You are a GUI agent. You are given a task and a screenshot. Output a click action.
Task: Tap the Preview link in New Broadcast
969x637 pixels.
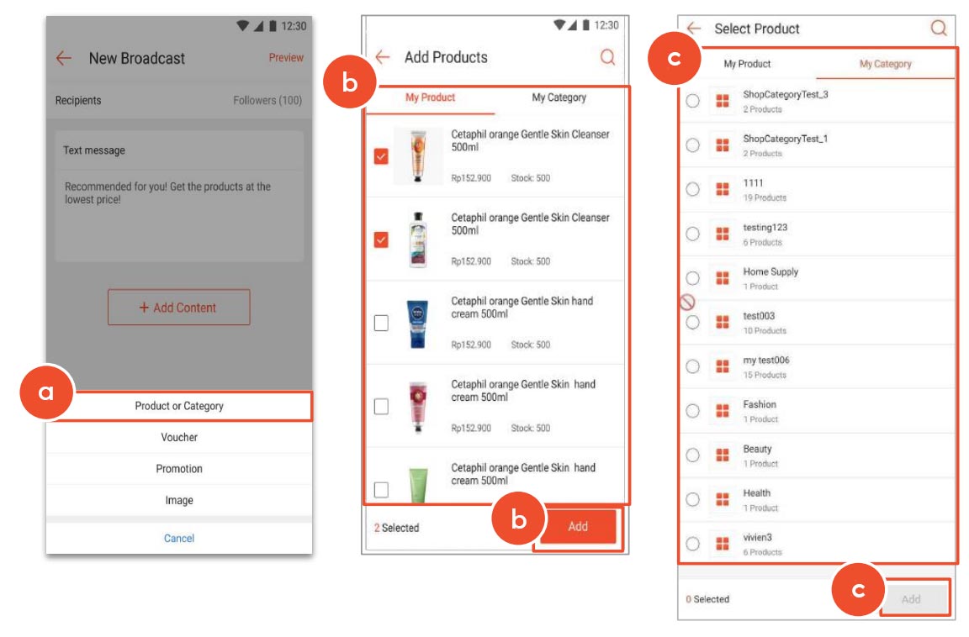[x=286, y=58]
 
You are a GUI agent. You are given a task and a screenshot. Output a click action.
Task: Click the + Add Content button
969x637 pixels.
[x=179, y=308]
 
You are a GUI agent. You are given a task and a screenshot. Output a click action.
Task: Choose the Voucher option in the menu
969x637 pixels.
[x=179, y=437]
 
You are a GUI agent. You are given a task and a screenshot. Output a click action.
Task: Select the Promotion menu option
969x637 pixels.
[x=179, y=469]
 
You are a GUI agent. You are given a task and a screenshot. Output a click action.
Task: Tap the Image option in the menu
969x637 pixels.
[x=179, y=500]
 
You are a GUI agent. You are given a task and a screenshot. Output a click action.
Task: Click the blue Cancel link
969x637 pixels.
[x=179, y=538]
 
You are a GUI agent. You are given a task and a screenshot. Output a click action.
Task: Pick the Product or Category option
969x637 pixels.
[x=179, y=406]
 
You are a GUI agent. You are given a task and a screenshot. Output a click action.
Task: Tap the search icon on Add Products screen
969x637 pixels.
[x=607, y=57]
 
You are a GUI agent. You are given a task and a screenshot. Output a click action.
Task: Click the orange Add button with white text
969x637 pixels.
[x=578, y=527]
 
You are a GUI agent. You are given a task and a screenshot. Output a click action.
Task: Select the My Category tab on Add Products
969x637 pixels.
[x=559, y=97]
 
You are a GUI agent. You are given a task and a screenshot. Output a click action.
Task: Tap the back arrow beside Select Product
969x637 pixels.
[x=694, y=29]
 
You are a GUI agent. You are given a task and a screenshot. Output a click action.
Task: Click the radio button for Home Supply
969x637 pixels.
[x=692, y=278]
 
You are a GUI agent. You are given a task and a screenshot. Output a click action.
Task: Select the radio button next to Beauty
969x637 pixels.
[x=692, y=455]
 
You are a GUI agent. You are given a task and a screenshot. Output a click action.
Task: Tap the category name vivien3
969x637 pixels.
[x=757, y=537]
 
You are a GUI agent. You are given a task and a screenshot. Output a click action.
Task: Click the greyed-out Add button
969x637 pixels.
[x=911, y=599]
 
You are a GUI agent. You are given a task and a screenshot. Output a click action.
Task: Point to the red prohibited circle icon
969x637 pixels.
[x=687, y=303]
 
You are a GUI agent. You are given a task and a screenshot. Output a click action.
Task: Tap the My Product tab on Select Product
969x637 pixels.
[x=747, y=64]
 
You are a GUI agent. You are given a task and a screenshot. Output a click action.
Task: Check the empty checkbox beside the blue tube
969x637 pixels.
[x=381, y=324]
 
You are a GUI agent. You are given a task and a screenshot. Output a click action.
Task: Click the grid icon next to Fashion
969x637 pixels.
[x=722, y=411]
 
